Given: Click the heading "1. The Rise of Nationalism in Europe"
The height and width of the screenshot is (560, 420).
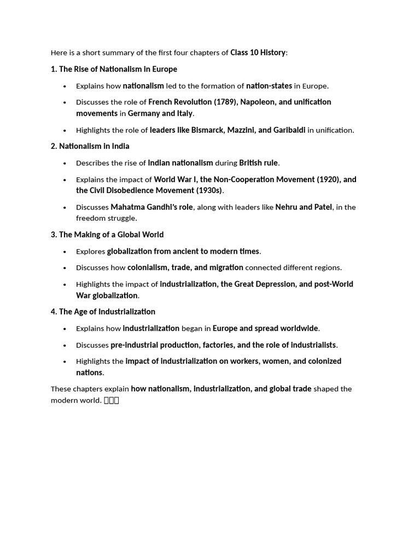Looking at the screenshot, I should pyautogui.click(x=114, y=69).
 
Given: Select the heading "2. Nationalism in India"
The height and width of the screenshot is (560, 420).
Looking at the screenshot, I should pyautogui.click(x=90, y=146).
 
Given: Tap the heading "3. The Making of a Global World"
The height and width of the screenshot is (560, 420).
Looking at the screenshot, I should pyautogui.click(x=107, y=234).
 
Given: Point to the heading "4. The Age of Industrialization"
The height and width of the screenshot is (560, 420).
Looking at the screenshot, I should pyautogui.click(x=103, y=311).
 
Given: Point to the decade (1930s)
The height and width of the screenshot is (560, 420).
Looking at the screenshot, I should pyautogui.click(x=209, y=190).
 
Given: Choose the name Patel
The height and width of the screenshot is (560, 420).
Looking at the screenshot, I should pyautogui.click(x=323, y=207).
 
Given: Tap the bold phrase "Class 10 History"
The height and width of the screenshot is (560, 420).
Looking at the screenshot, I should pyautogui.click(x=258, y=52).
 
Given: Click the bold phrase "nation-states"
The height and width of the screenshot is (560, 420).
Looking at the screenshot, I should pyautogui.click(x=269, y=85).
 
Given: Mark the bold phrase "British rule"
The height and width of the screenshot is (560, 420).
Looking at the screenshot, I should pyautogui.click(x=259, y=162).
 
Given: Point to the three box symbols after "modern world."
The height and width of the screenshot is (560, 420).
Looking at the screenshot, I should pyautogui.click(x=111, y=400).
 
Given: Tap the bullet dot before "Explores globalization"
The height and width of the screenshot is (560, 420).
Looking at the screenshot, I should pyautogui.click(x=65, y=252).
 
